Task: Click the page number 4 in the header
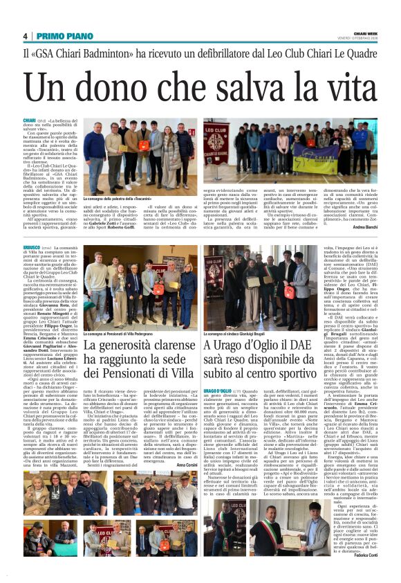coord(25,36)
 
